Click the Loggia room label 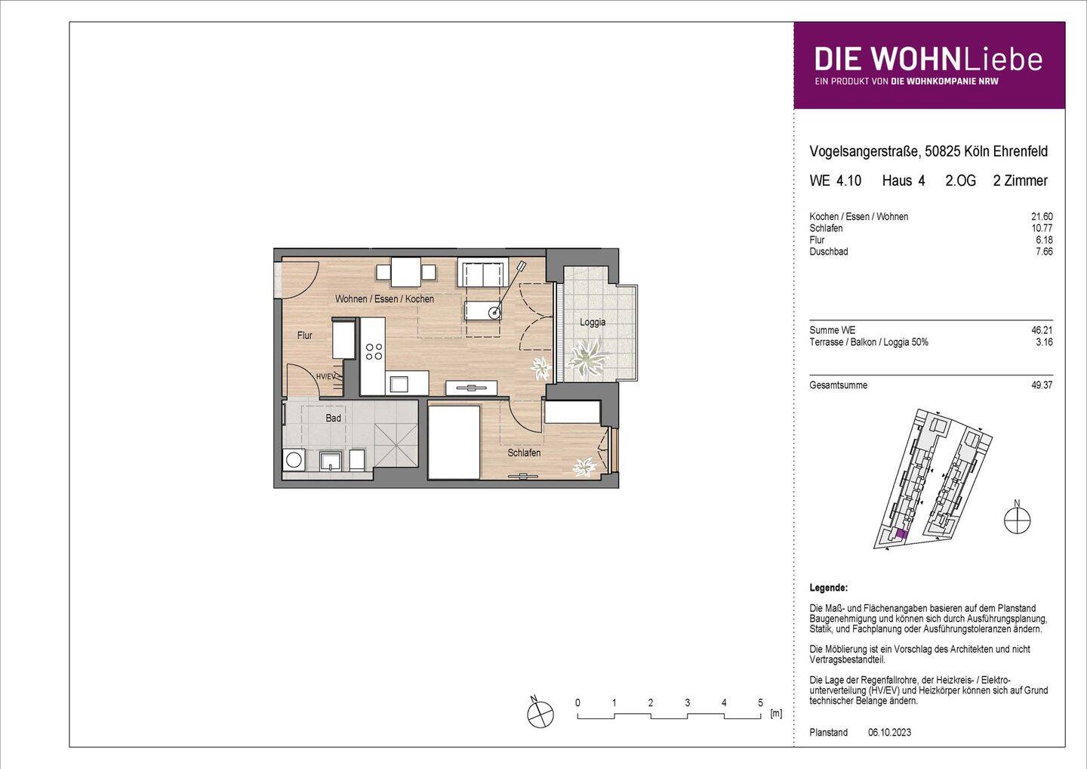(593, 322)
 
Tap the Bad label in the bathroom (333, 418)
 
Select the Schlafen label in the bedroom (524, 452)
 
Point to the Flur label (304, 335)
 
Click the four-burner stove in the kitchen (374, 351)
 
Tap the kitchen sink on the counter (398, 384)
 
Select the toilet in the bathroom (355, 459)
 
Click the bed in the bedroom (454, 443)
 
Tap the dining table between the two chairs (406, 271)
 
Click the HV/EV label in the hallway (325, 376)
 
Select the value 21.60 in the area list (1042, 217)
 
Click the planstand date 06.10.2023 (889, 732)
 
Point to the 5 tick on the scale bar (760, 703)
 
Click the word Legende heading (828, 588)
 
